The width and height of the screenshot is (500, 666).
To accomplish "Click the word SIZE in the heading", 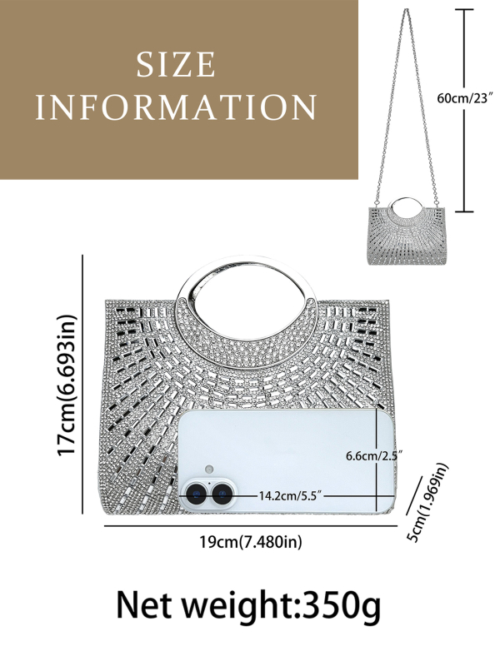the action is click(176, 65).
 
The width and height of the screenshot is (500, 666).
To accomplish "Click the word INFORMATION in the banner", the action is click(176, 107).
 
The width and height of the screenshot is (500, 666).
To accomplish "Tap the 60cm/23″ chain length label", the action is click(465, 98).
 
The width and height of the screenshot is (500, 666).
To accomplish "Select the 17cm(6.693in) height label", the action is click(67, 385).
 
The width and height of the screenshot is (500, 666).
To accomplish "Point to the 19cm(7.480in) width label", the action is click(251, 542).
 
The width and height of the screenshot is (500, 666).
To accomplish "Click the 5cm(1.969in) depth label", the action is click(427, 503).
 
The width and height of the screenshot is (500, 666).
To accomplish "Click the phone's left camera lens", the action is click(196, 495).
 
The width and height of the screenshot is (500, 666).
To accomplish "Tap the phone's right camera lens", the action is click(222, 495).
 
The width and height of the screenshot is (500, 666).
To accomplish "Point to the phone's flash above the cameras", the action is click(208, 470).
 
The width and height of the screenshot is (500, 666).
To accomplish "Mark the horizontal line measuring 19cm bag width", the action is click(251, 526).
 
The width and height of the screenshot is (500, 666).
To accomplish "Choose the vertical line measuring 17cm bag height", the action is click(82, 385).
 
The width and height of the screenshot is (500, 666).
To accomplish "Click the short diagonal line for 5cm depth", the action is click(413, 495).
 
